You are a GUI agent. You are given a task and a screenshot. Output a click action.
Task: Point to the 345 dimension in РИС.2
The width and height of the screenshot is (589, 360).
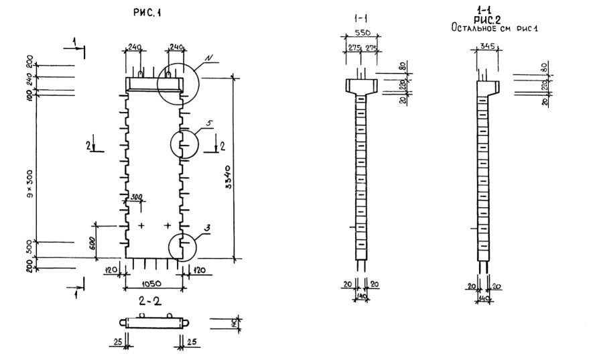point(487,46)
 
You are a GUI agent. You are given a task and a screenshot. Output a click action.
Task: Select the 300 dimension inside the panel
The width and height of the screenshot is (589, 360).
point(137,198)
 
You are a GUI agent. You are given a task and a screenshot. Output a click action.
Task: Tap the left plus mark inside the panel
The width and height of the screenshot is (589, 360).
point(141,226)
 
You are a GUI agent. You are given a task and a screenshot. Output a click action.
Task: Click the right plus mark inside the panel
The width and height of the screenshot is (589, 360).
point(167,226)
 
